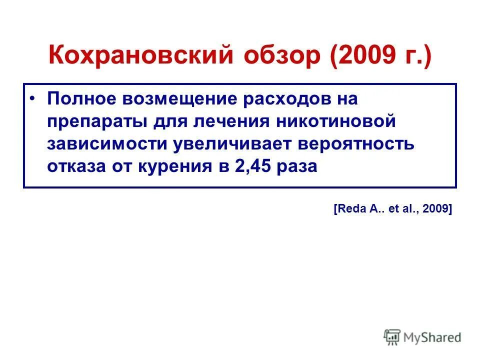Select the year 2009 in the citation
436,210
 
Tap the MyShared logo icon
392,338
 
